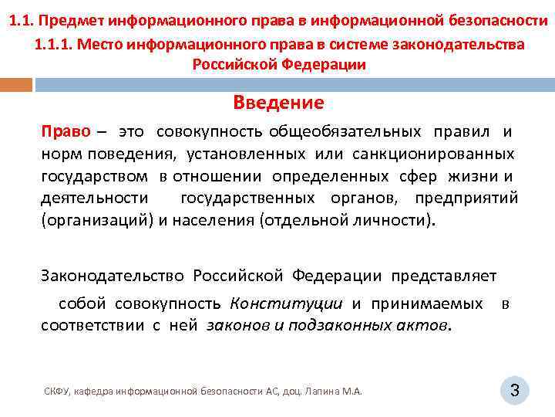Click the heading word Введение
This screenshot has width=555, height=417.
(278, 103)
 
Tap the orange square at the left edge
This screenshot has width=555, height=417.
(15, 83)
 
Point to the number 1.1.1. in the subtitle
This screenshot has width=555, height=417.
(54, 45)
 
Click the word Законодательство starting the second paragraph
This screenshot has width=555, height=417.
(113, 276)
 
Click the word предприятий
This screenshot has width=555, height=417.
(466, 198)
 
